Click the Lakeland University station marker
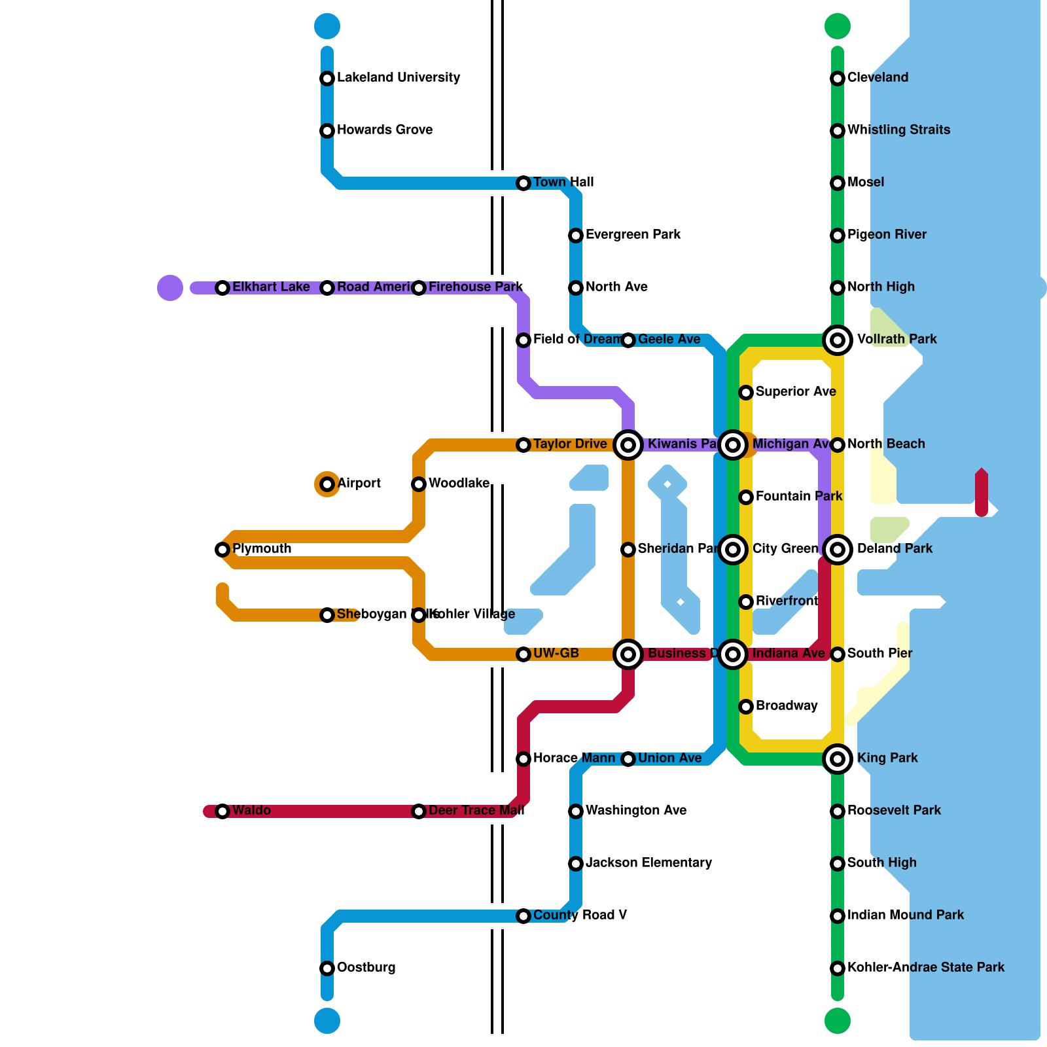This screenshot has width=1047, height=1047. pos(327,79)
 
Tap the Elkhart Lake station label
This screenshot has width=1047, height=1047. pos(271,287)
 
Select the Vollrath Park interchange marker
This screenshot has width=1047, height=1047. pos(838,340)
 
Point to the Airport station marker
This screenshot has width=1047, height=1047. pos(327,484)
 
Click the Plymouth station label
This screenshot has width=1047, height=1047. pos(262,549)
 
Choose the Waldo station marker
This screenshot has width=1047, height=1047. pos(222,811)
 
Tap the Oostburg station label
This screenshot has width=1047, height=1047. pos(366,968)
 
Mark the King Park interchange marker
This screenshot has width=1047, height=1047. pos(838,759)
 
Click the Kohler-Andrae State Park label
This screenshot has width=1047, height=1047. pos(925,968)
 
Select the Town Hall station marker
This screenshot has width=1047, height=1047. pos(523,183)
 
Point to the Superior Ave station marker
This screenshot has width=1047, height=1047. pos(746,393)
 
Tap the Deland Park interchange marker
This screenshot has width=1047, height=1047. pos(838,550)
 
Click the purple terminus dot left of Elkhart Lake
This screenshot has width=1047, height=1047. pos(170,288)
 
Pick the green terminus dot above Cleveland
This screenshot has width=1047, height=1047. pos(838,26)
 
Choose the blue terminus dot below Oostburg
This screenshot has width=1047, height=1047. pos(327,1021)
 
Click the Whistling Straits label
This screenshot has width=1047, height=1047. pos(898,130)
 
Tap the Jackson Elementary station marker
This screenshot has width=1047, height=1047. pos(576,864)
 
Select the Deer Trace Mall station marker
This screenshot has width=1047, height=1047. pos(419,811)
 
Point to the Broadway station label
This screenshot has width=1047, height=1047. pos(786,706)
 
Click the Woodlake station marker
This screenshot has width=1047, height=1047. pos(419,484)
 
